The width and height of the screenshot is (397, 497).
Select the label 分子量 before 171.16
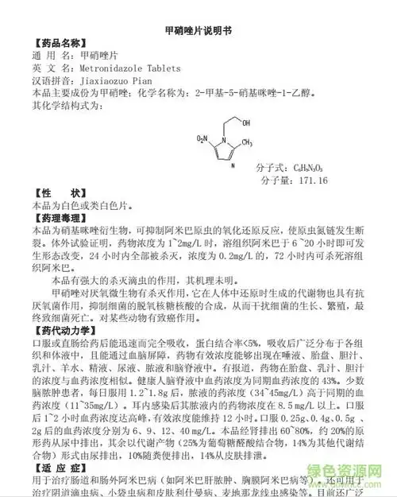276,181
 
